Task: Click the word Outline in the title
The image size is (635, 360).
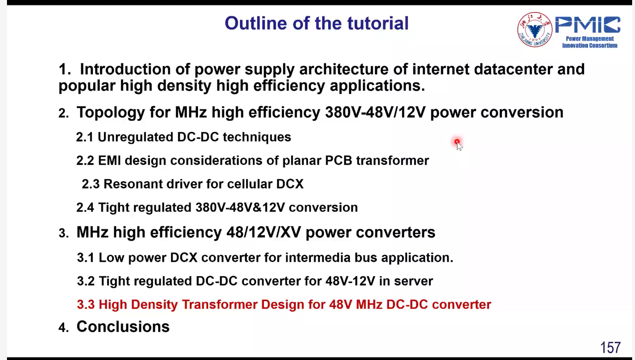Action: [x=256, y=23]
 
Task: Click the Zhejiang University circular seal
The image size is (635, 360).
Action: [x=535, y=30]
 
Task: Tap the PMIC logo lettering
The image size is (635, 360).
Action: [x=588, y=25]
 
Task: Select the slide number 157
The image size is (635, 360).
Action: [x=610, y=347]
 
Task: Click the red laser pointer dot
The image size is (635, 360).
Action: [x=457, y=141]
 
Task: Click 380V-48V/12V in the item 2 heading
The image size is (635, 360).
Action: [x=375, y=112]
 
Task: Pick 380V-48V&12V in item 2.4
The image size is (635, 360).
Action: [x=240, y=208]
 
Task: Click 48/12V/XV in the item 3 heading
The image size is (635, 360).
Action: [x=264, y=232]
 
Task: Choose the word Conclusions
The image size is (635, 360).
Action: [x=123, y=327]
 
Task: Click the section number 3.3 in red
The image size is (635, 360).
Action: [x=85, y=305]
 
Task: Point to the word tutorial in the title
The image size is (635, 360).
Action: [x=378, y=23]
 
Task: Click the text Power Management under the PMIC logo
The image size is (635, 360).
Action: [x=590, y=39]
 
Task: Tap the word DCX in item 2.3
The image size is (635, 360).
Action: [x=290, y=184]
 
